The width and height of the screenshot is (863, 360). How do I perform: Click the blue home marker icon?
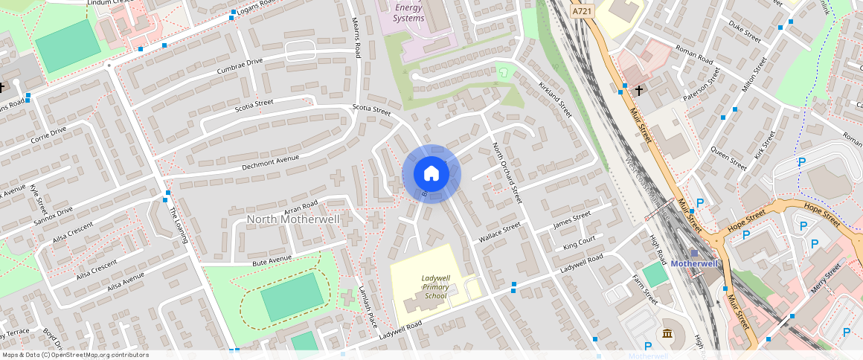[431, 174]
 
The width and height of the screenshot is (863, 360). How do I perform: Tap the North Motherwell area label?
[292, 219]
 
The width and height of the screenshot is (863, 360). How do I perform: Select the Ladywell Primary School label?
[435, 286]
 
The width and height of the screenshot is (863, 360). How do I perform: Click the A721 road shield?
[583, 12]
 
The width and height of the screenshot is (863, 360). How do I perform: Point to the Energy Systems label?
[408, 12]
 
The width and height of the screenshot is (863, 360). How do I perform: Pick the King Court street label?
[579, 244]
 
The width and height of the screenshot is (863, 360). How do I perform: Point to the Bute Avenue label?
[272, 260]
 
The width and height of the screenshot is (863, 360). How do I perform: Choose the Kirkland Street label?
[554, 99]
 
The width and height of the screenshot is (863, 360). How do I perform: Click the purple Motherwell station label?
[693, 263]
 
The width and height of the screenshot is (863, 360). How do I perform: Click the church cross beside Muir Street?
[638, 91]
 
